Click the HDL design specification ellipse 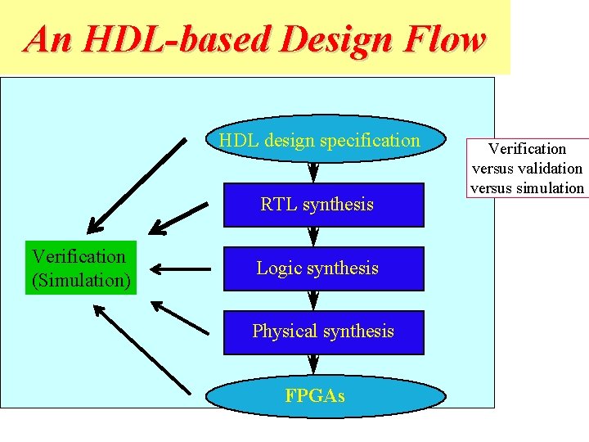pos(325,140)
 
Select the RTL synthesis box pos(324,205)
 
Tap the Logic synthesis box pos(324,268)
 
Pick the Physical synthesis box pos(324,331)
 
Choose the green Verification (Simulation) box pos(79,268)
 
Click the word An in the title pos(46,39)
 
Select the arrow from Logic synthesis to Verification pos(180,268)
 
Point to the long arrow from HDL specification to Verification pos(137,186)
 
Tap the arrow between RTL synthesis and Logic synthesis pos(312,237)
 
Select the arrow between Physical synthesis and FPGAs pos(312,364)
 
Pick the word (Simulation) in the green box pos(81,280)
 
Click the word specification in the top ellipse pos(370,141)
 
